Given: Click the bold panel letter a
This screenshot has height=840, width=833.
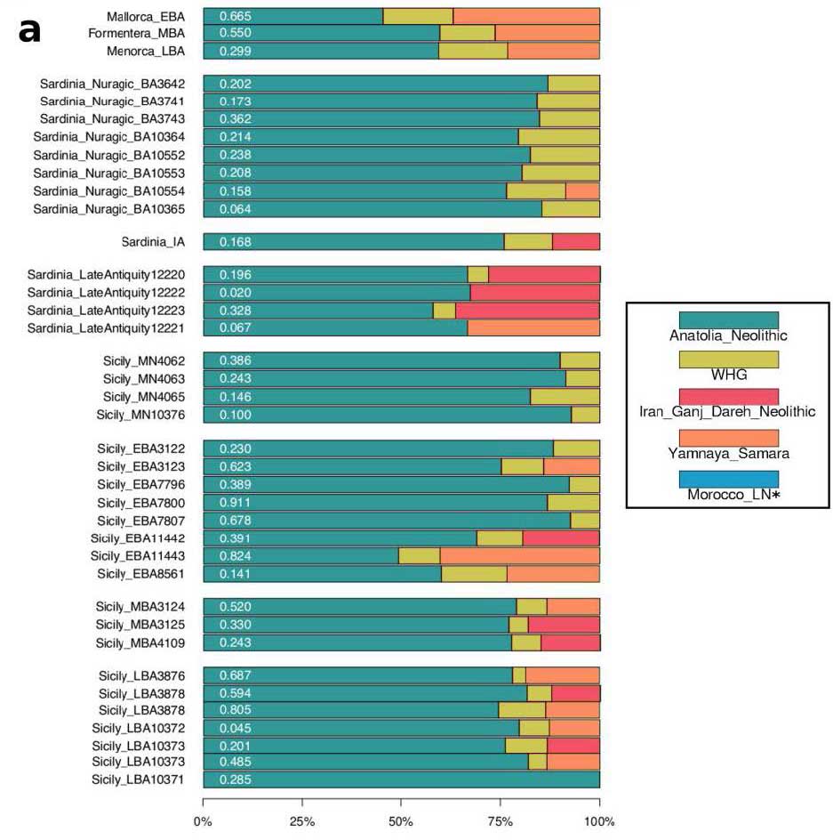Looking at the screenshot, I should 29,30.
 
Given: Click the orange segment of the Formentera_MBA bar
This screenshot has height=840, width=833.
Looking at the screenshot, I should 547,33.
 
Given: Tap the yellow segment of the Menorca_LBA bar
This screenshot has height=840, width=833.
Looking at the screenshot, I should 473,51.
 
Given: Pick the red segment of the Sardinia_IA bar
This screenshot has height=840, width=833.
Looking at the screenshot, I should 575,242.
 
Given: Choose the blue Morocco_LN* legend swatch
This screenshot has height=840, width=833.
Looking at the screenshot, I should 728,478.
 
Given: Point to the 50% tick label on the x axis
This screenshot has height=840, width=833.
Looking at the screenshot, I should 401,821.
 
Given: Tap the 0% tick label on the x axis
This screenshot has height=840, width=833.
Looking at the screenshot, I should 204,821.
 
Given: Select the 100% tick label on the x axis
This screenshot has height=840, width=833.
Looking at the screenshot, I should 599,821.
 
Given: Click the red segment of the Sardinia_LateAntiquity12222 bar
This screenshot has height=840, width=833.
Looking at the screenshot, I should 534,293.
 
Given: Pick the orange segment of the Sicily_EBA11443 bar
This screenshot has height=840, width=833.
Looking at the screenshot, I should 519,556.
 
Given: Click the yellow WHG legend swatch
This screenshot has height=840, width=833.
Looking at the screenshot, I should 728,359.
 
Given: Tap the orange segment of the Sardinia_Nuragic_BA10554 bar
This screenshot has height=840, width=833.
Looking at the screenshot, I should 582,190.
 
